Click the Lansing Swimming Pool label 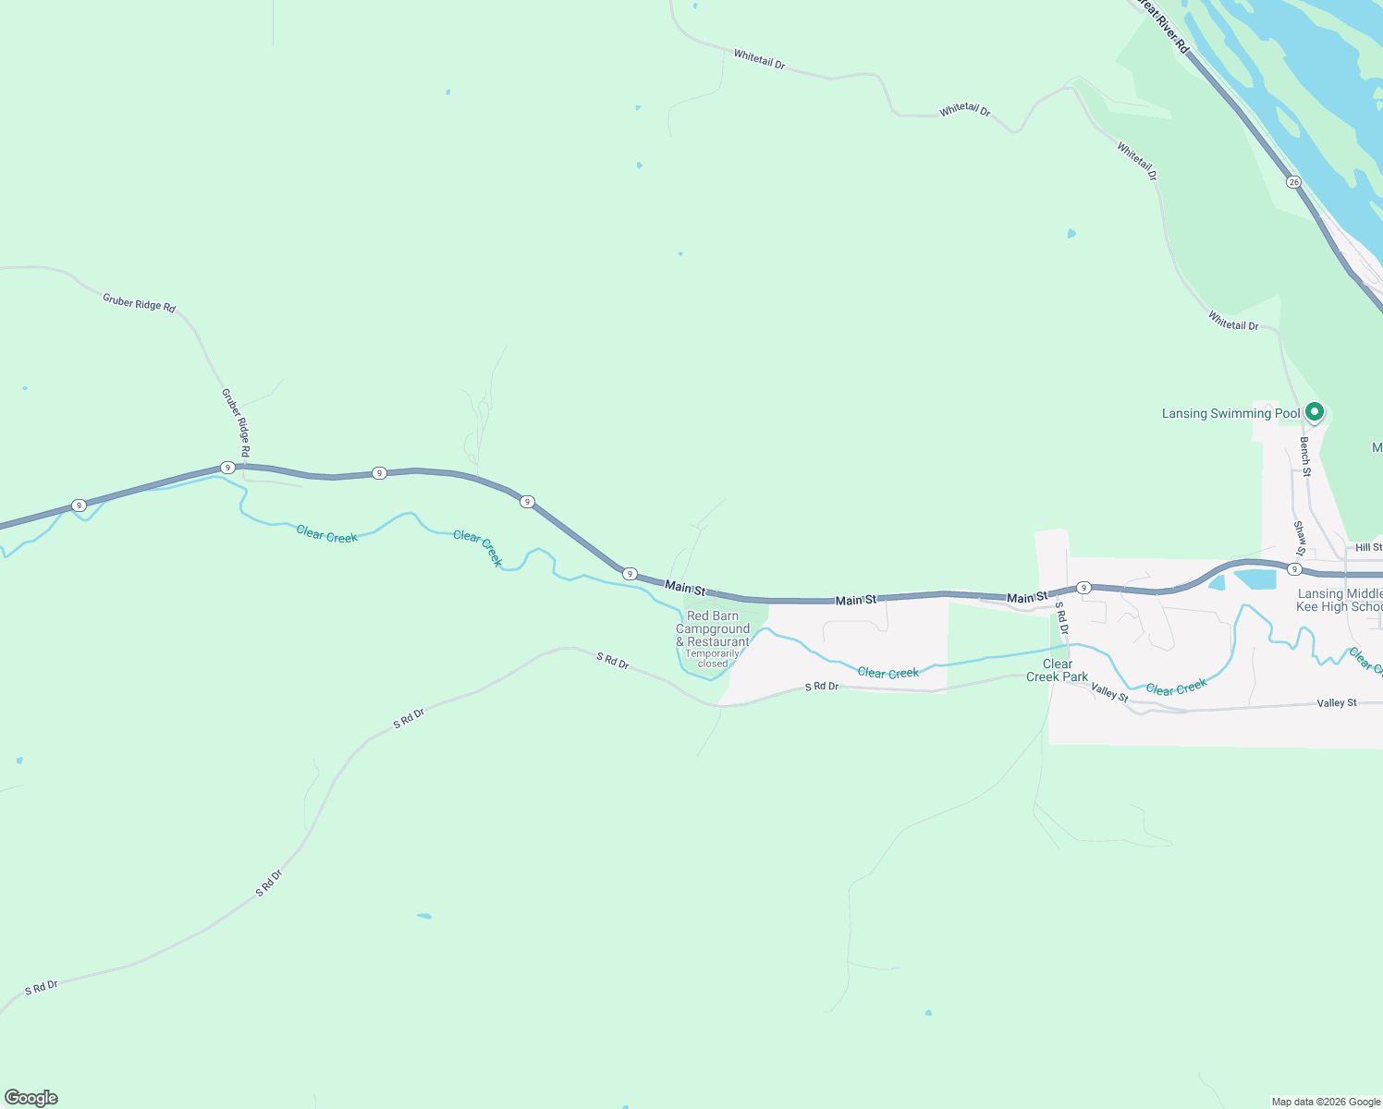(1230, 413)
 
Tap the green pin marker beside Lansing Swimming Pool (1314, 411)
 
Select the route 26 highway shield (1293, 182)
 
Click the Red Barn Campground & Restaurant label (713, 628)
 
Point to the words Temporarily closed (713, 658)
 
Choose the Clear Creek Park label (1057, 670)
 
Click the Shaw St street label (1300, 539)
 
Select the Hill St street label (1368, 548)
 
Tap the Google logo (31, 1098)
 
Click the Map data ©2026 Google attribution (1326, 1102)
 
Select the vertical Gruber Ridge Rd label (236, 422)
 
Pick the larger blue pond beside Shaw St (1254, 579)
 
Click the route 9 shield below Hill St (1294, 569)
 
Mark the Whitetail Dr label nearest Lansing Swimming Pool (1233, 321)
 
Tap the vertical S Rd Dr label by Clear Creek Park (1062, 618)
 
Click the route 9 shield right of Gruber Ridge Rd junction (379, 473)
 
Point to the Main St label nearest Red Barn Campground (685, 588)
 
